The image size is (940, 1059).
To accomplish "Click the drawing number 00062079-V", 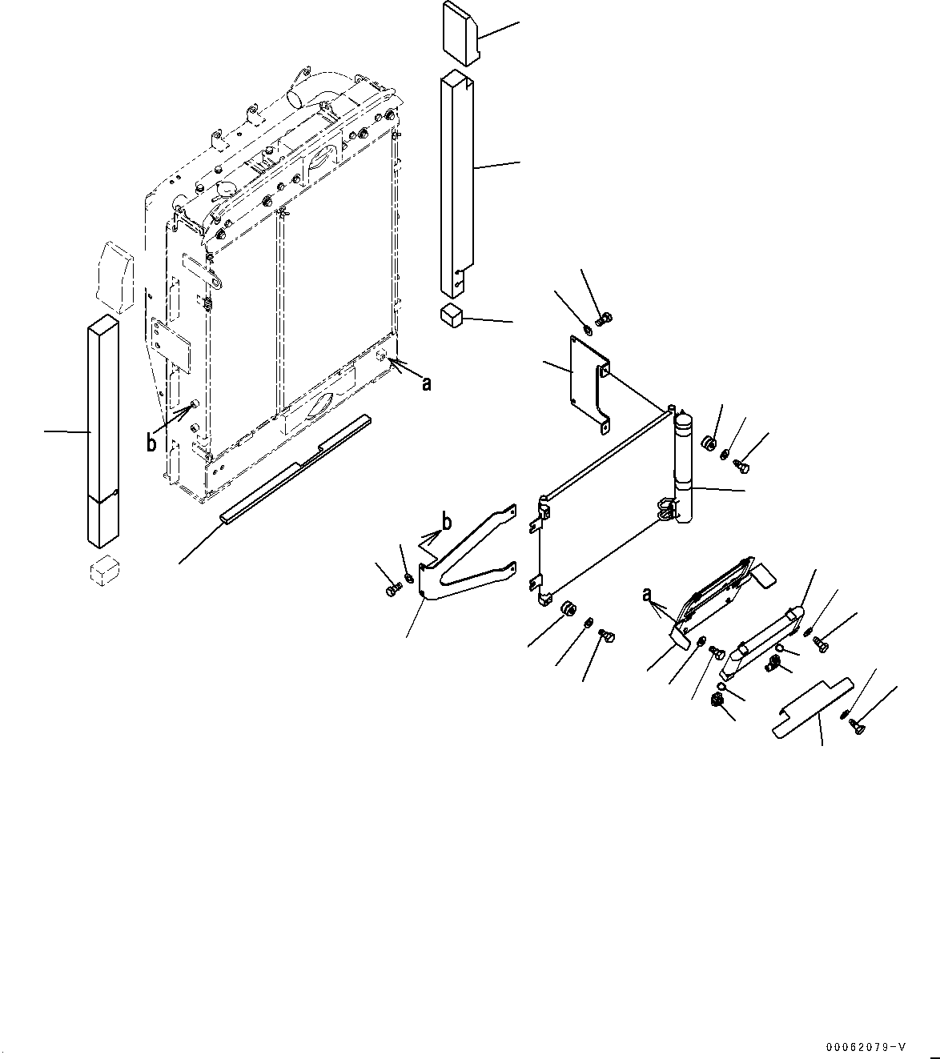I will coord(869,1046).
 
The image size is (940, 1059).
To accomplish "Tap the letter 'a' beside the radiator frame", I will coord(427,384).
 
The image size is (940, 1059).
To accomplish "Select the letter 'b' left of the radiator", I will coord(151,442).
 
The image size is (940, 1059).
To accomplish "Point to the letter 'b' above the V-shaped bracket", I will coord(447,522).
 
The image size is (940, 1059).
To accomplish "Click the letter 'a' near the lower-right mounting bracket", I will coord(646,595).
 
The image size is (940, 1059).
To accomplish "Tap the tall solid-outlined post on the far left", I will coord(102,432).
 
